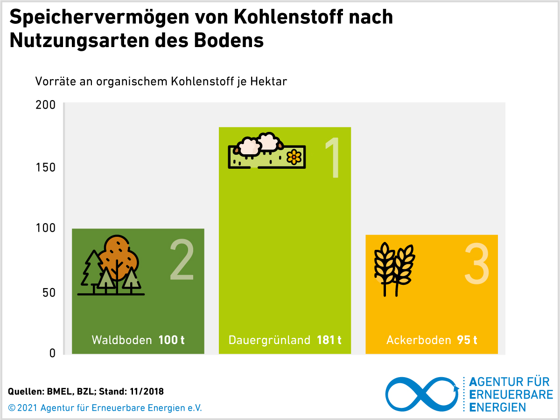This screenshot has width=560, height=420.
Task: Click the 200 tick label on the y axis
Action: (x=46, y=105)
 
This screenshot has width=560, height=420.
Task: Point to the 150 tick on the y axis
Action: (x=46, y=167)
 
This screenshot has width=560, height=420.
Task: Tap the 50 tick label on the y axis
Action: (x=49, y=292)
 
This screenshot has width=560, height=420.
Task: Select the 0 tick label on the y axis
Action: (x=52, y=353)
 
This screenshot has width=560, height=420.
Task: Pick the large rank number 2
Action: (x=182, y=260)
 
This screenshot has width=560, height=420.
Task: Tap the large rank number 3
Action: (x=476, y=264)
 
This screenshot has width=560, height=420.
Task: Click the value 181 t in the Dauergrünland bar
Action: (x=329, y=340)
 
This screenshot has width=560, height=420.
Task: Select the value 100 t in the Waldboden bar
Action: (x=171, y=340)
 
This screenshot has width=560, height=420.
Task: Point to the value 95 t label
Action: (x=467, y=340)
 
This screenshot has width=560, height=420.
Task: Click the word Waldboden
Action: (x=122, y=340)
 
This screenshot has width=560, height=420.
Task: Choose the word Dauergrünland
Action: (x=269, y=340)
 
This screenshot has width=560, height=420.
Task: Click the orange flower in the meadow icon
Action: (x=294, y=157)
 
